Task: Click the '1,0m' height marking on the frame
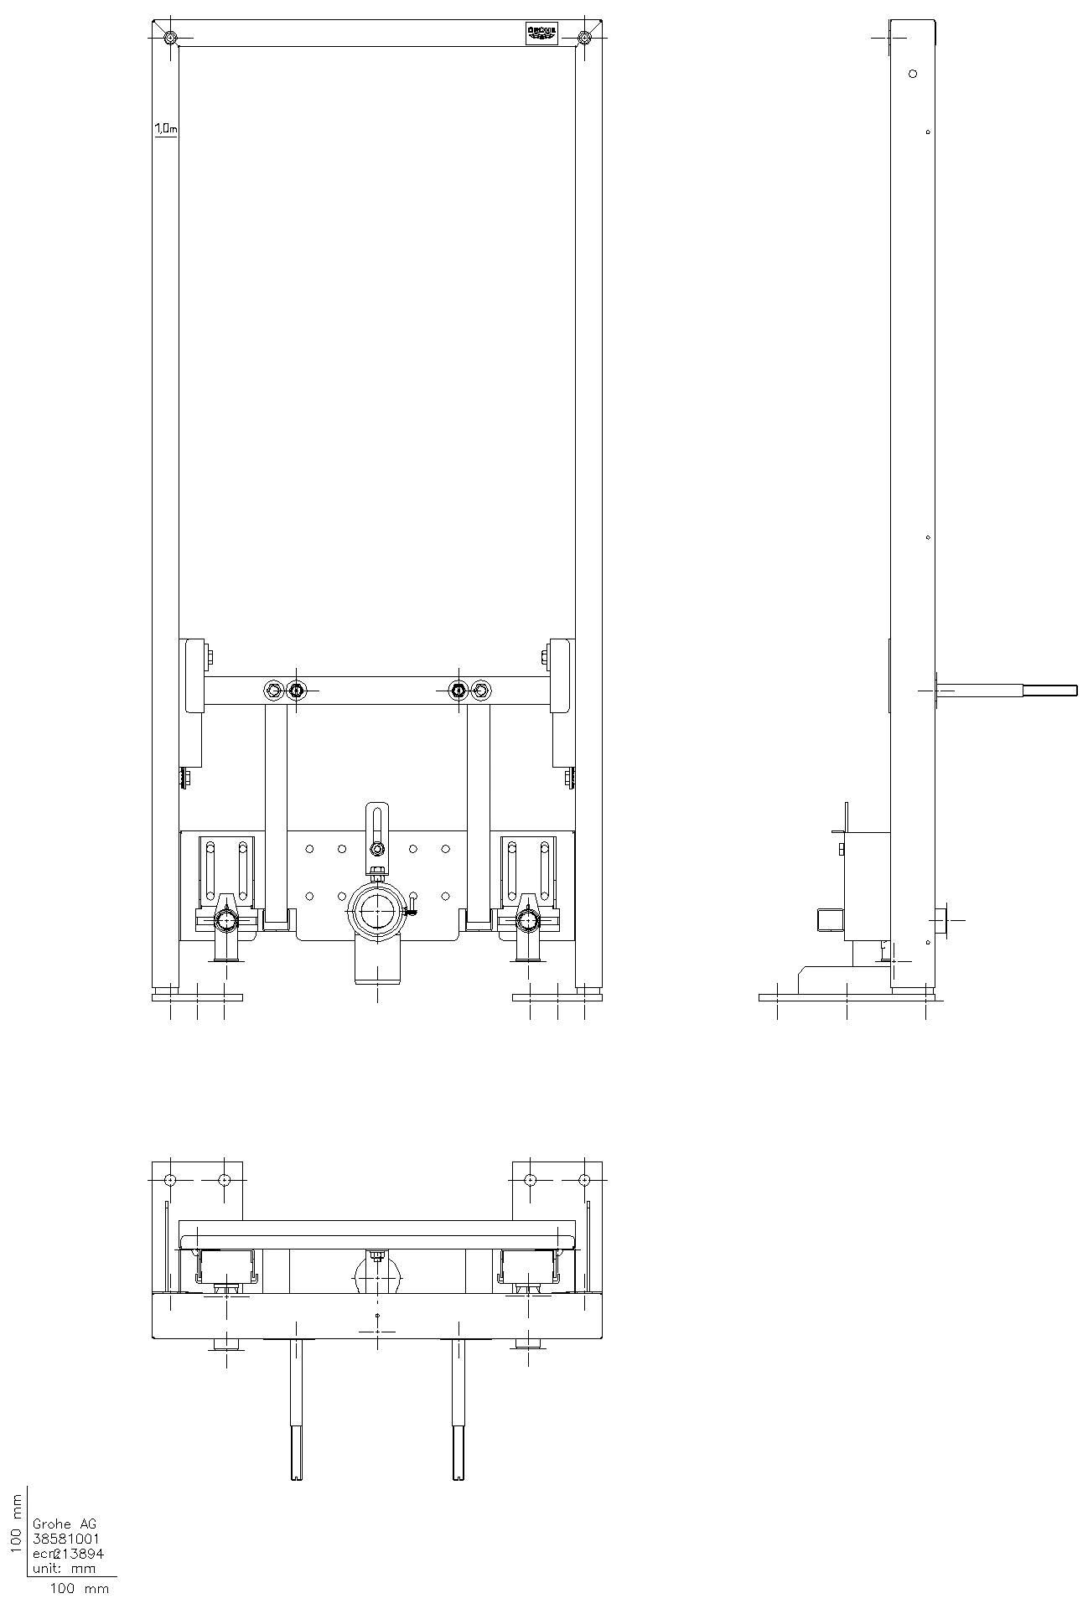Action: (x=165, y=128)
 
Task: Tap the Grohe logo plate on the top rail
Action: (x=541, y=33)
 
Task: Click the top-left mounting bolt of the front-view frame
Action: (x=170, y=37)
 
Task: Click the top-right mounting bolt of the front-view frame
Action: (x=584, y=37)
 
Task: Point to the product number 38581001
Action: (x=65, y=1539)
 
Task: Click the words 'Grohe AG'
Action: (x=64, y=1524)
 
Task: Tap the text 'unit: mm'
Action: (x=64, y=1568)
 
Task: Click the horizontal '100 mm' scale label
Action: (x=80, y=1588)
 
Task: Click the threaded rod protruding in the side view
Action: (x=1006, y=691)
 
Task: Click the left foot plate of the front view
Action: (x=198, y=997)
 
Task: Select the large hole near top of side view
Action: (x=913, y=74)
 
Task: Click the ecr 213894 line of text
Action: (x=67, y=1553)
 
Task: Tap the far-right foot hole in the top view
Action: (x=585, y=1180)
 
